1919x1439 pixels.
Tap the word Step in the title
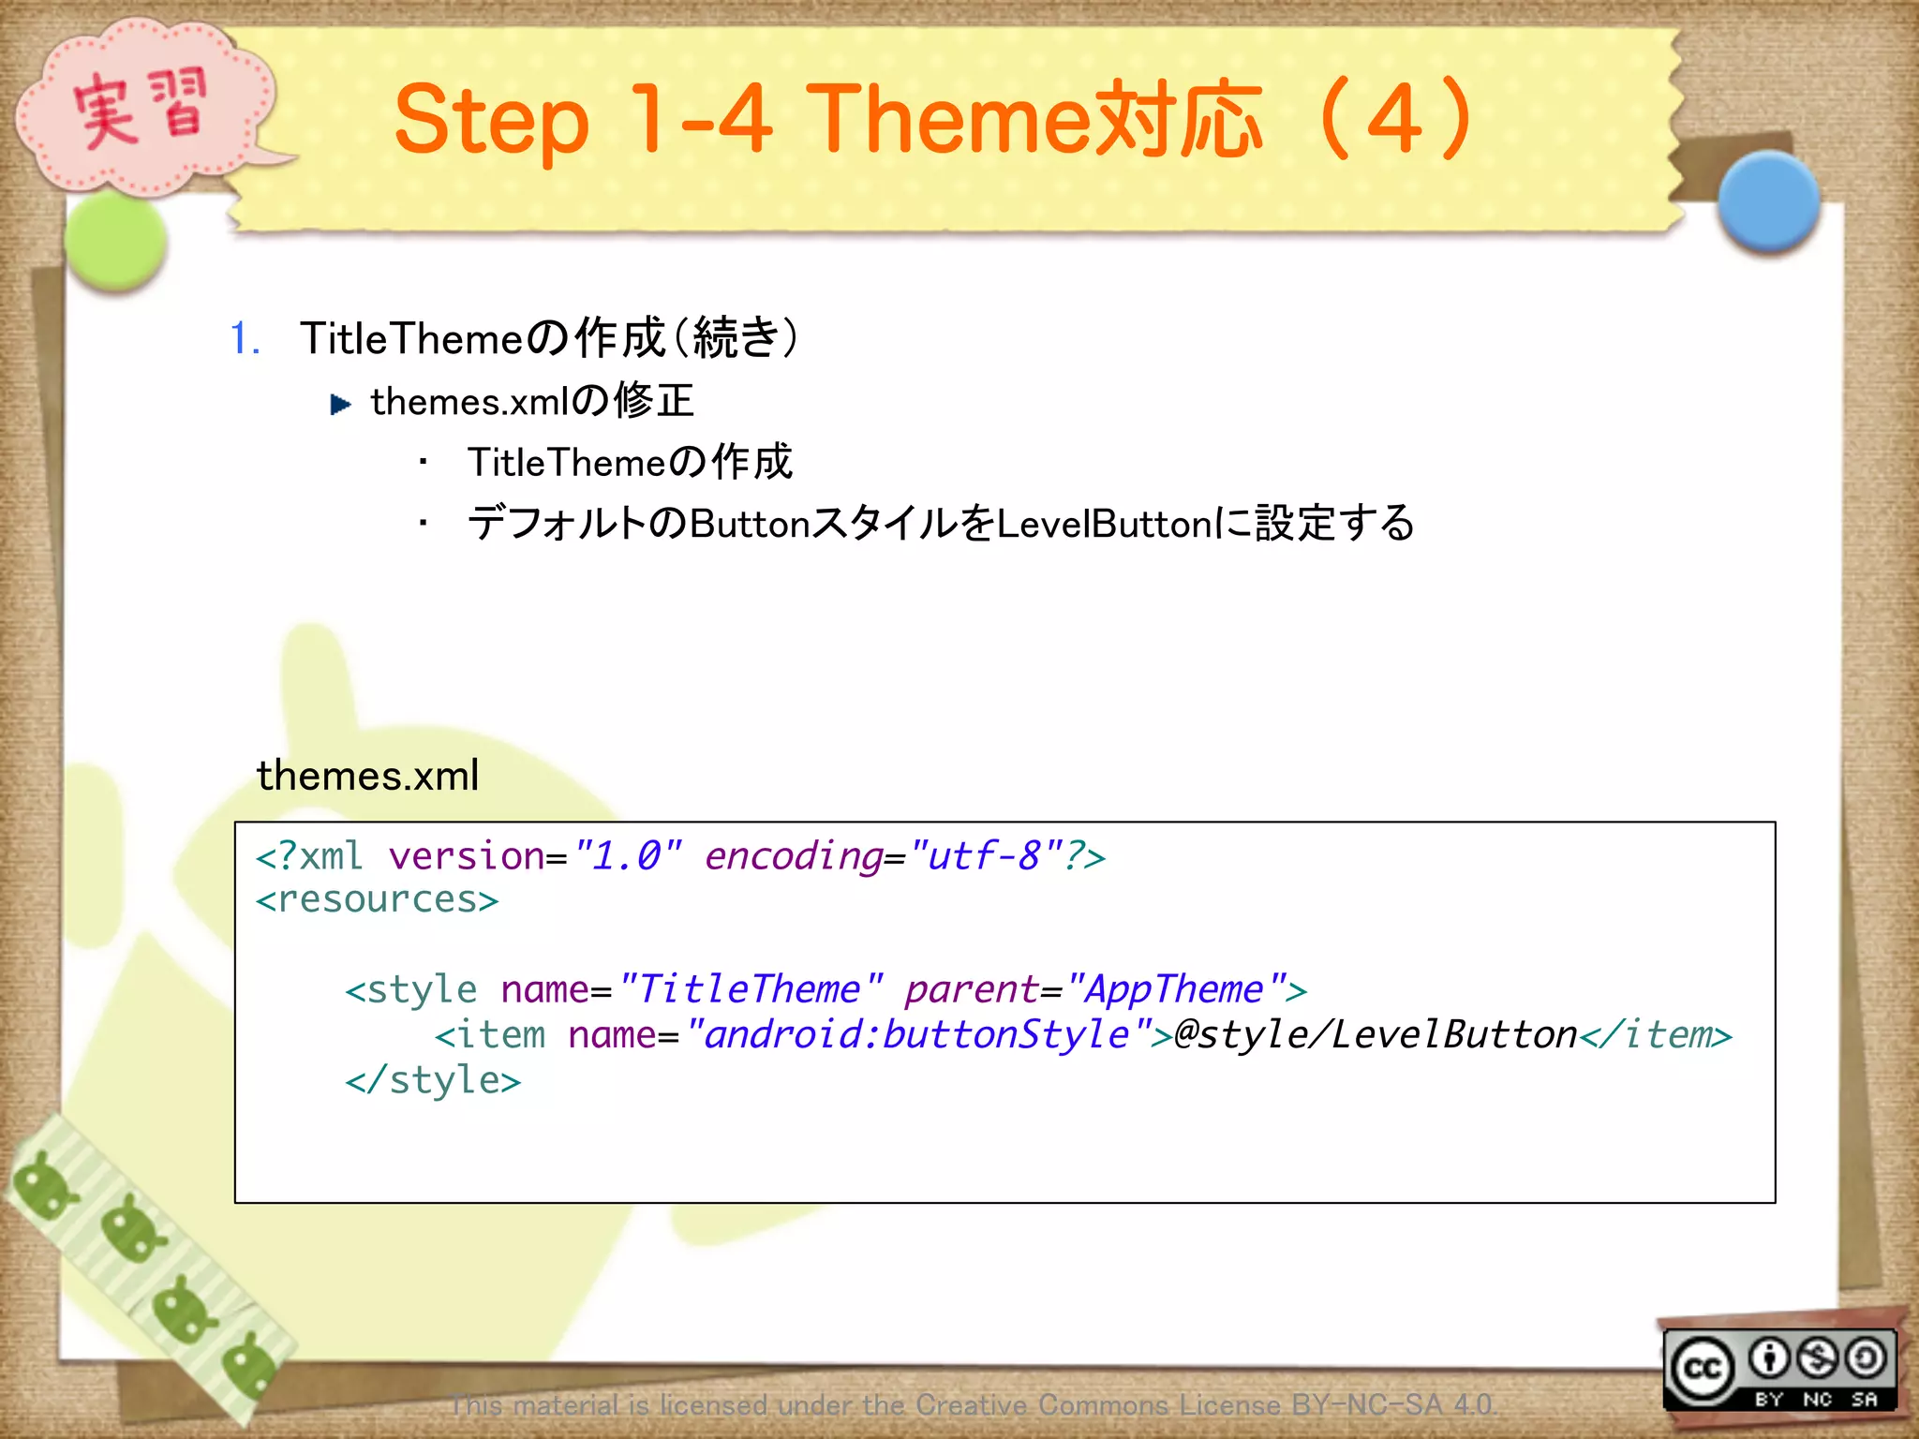pyautogui.click(x=491, y=122)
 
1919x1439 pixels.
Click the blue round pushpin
pyautogui.click(x=1768, y=200)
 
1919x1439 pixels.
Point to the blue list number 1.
pyautogui.click(x=244, y=338)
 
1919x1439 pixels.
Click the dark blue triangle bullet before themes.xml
pyautogui.click(x=340, y=405)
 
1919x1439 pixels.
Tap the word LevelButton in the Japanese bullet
pyautogui.click(x=1105, y=524)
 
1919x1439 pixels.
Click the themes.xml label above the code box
pyautogui.click(x=367, y=776)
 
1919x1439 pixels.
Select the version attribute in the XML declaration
pyautogui.click(x=466, y=856)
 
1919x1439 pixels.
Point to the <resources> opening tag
pyautogui.click(x=377, y=900)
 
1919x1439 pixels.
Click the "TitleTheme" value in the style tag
pyautogui.click(x=750, y=990)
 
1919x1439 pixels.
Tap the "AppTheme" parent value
pyautogui.click(x=1175, y=990)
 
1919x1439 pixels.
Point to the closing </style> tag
pyautogui.click(x=432, y=1081)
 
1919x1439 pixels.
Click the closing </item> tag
pyautogui.click(x=1656, y=1035)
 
